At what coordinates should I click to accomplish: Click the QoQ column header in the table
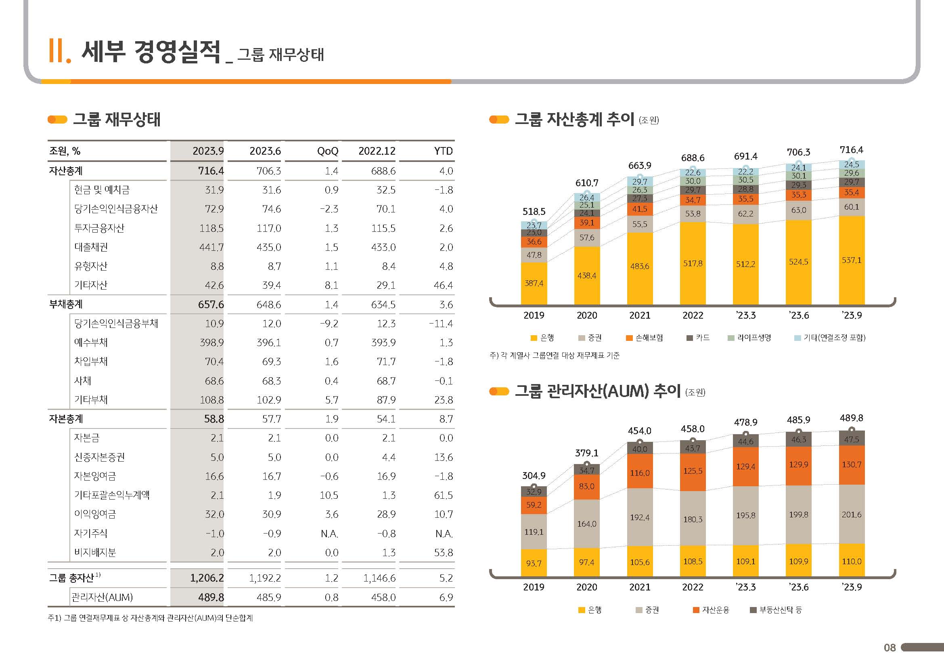coord(327,151)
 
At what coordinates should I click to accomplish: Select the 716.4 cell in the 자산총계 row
coord(211,171)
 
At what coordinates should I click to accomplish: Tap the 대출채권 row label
coord(91,247)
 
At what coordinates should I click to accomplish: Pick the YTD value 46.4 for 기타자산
coord(443,285)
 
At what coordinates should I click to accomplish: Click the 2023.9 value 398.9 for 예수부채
coord(212,342)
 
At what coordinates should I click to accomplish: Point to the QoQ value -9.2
coord(329,324)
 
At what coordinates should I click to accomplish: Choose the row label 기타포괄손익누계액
coord(111,495)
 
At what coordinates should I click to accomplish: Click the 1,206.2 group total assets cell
coord(207,578)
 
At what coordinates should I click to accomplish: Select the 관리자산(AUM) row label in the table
coord(102,597)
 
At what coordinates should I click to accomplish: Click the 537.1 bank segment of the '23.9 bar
coord(851,260)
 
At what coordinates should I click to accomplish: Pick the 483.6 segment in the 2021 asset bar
coord(639,267)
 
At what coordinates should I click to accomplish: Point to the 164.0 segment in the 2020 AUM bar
coord(586,524)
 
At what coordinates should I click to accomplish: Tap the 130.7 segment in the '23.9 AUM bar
coord(851,465)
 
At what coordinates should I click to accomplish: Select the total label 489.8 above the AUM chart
coord(851,418)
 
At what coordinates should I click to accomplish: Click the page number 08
coord(890,648)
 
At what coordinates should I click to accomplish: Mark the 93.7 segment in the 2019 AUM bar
coord(534,563)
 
